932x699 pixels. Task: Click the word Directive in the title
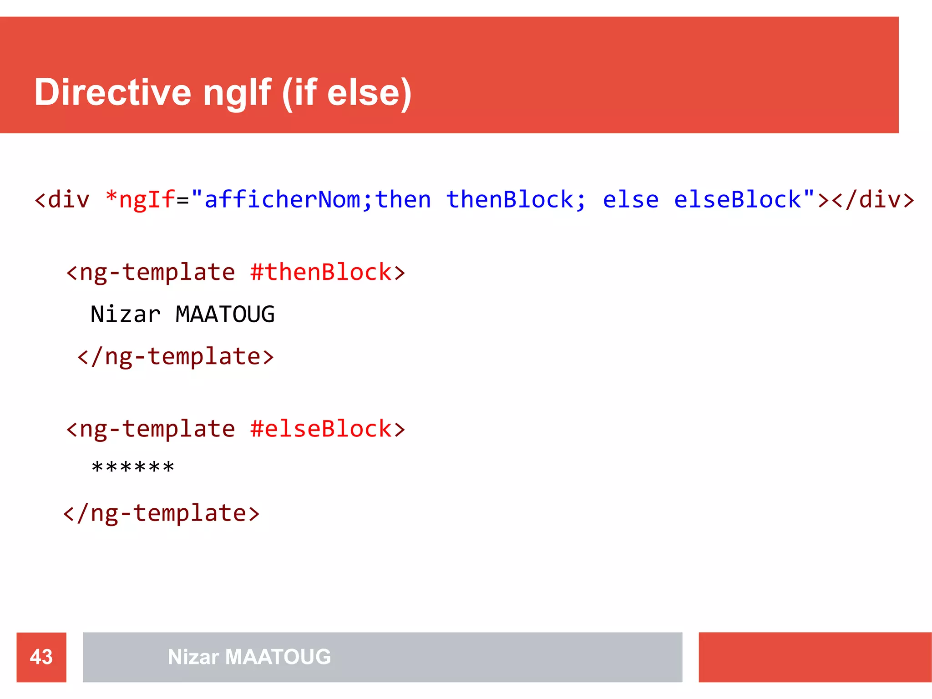click(112, 92)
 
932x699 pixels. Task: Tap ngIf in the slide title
click(237, 92)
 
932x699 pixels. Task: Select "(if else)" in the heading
click(347, 92)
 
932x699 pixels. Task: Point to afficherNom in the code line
click(282, 200)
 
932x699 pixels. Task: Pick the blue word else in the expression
click(631, 200)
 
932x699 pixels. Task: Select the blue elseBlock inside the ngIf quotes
click(737, 200)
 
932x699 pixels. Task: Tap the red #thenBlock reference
click(321, 272)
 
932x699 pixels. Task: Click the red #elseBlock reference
click(321, 429)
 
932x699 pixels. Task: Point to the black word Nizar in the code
click(126, 314)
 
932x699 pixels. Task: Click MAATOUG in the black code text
click(225, 314)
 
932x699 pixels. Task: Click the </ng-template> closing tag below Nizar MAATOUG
click(176, 356)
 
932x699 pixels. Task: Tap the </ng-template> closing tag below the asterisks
click(162, 513)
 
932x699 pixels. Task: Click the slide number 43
click(41, 657)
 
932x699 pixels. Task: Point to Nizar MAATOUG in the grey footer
click(249, 657)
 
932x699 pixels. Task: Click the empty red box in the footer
click(815, 657)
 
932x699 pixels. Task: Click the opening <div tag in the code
click(62, 200)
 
